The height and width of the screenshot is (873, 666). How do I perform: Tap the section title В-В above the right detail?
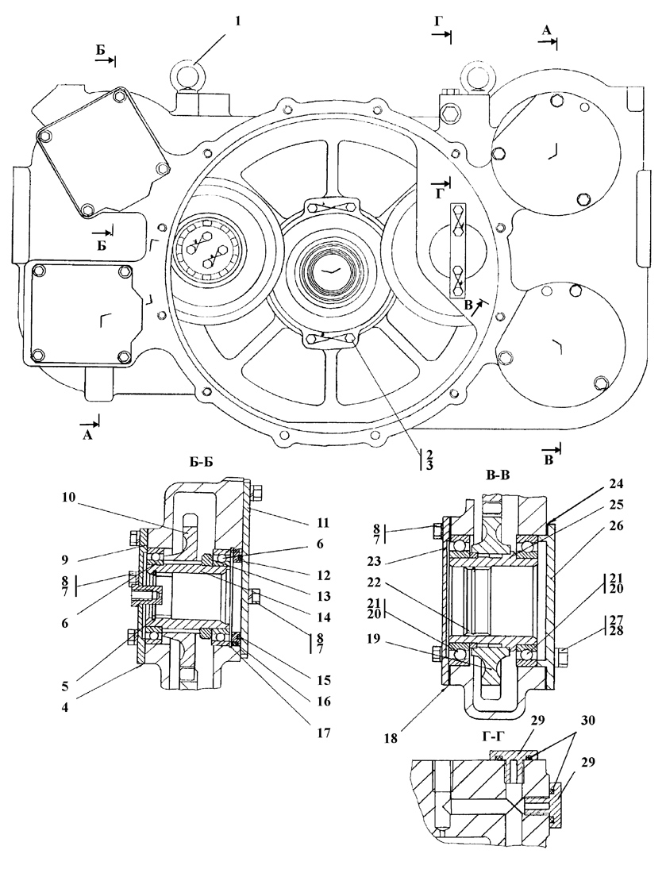point(498,474)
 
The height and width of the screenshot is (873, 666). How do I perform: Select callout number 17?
point(324,733)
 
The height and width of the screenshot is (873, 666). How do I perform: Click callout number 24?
point(602,483)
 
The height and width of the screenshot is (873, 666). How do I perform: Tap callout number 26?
point(602,525)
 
